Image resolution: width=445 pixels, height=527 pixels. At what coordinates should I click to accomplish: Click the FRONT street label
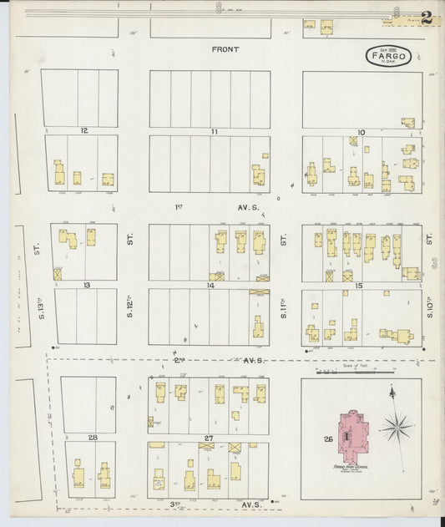click(x=225, y=49)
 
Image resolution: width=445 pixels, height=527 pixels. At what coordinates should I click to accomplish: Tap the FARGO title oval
click(x=386, y=58)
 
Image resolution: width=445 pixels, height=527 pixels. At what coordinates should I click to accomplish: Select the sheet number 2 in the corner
click(x=426, y=16)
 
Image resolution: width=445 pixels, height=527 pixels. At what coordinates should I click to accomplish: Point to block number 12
click(x=83, y=131)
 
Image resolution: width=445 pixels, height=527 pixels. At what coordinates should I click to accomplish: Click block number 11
click(x=214, y=131)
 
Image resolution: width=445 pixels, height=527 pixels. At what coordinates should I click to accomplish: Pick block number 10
click(x=361, y=131)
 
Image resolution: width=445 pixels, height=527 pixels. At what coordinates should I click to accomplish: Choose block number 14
click(x=211, y=285)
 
